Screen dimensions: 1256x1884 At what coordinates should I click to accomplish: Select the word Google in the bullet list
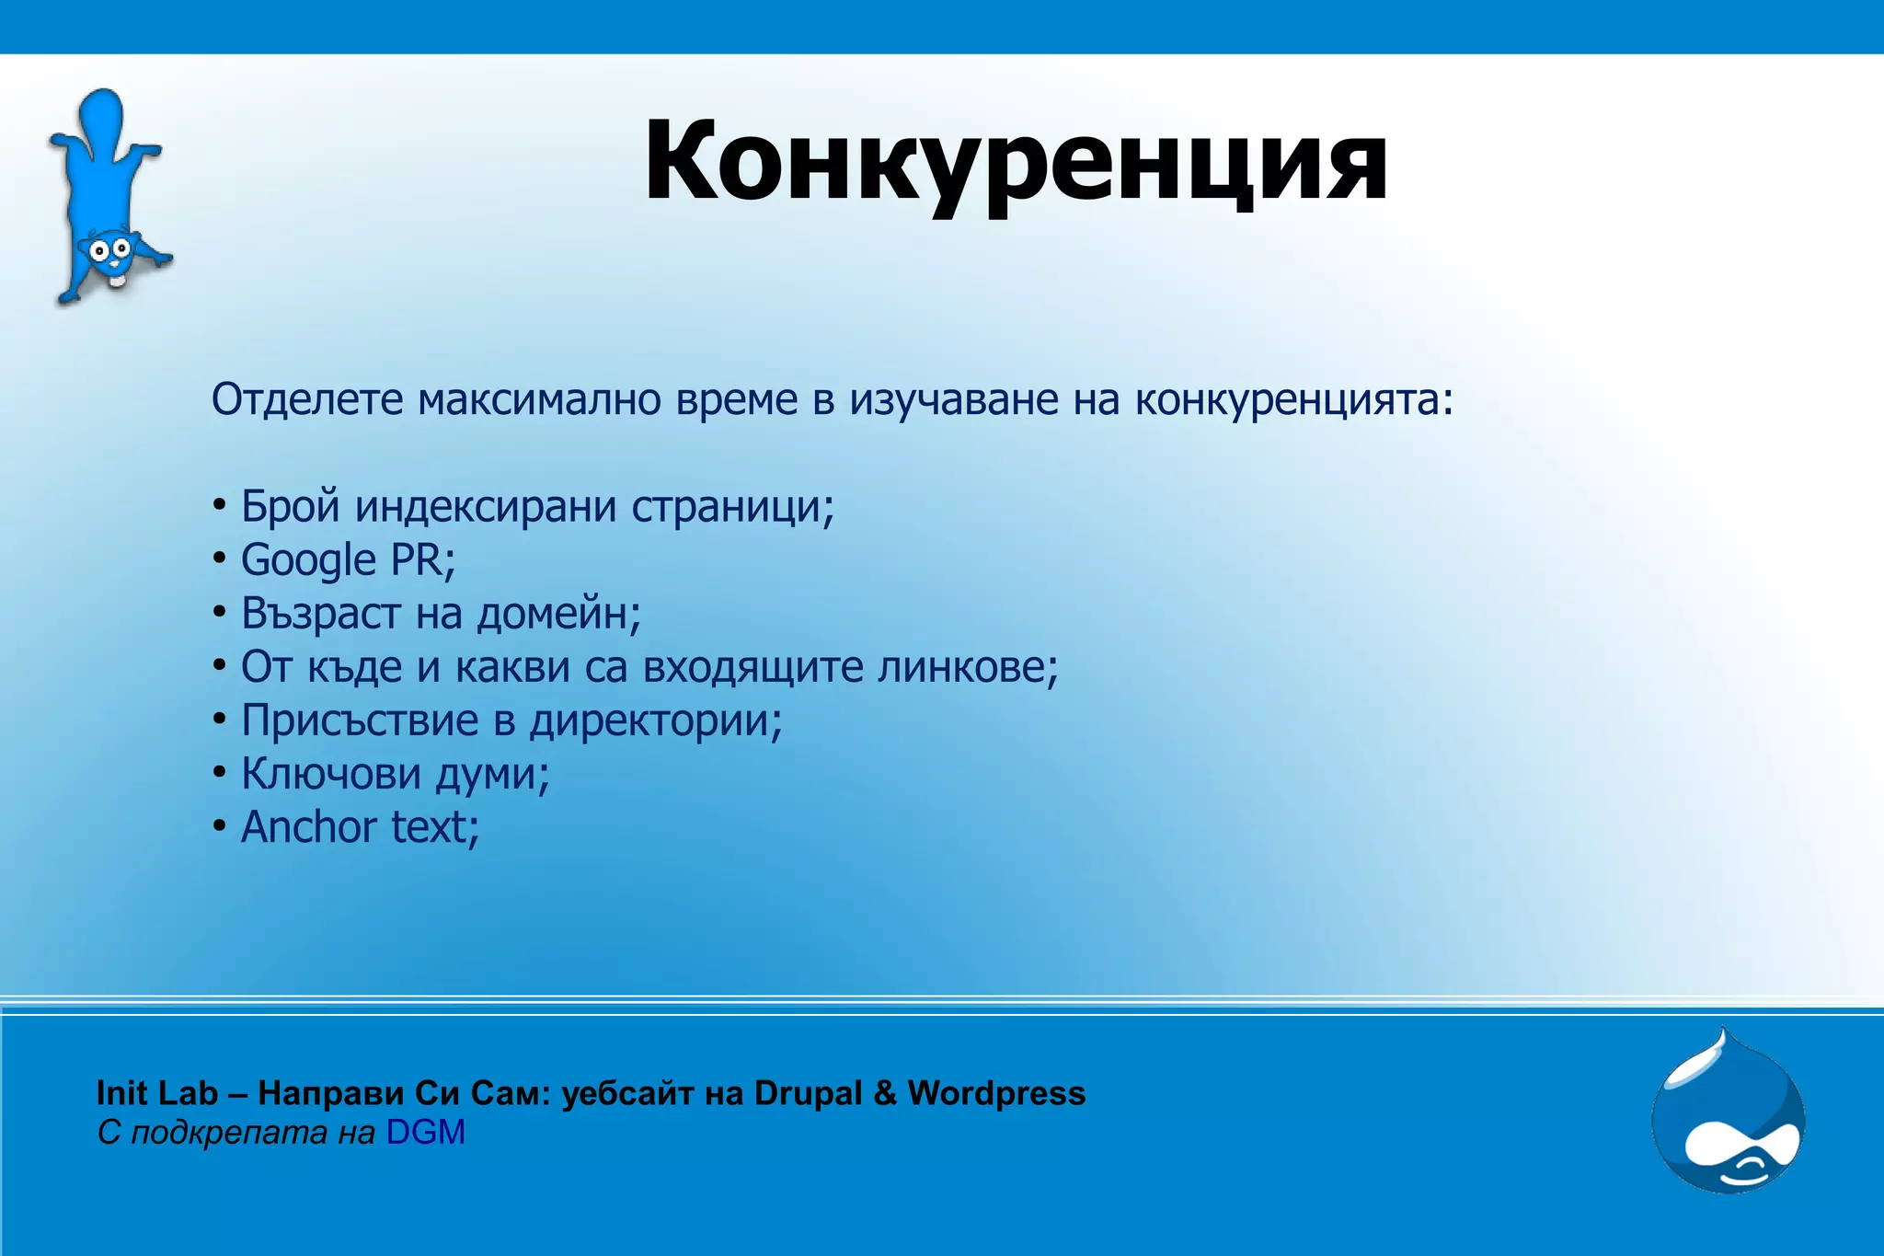coord(308,560)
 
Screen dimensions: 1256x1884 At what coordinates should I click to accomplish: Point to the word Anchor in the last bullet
coord(308,826)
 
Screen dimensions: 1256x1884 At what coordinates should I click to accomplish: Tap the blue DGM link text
coord(425,1133)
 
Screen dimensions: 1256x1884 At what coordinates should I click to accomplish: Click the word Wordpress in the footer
coord(996,1093)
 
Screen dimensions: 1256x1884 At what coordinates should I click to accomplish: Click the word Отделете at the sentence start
coord(307,399)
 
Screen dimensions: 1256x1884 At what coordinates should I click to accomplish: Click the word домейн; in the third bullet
coord(558,613)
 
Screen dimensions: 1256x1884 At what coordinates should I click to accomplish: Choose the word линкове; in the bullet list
coord(967,666)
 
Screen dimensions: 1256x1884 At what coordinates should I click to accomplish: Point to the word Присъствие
coord(360,720)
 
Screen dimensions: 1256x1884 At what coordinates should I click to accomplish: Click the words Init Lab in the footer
coord(156,1093)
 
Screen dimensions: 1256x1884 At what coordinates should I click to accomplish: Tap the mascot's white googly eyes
coord(109,248)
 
